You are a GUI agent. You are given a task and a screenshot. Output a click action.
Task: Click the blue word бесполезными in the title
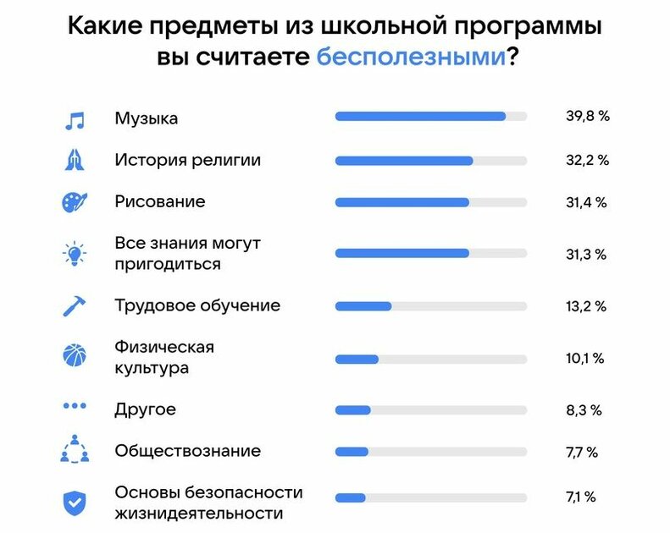[411, 58]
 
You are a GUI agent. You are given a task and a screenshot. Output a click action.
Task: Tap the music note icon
[75, 119]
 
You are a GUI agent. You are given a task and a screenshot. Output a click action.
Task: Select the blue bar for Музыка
[420, 117]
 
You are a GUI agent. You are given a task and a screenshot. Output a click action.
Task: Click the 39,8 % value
[588, 117]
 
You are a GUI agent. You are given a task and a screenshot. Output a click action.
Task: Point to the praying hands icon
[75, 160]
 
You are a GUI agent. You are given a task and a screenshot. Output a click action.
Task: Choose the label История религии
[187, 159]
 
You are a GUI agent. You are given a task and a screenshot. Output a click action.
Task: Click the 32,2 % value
[587, 160]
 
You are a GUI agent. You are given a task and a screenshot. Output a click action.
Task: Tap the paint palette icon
[75, 203]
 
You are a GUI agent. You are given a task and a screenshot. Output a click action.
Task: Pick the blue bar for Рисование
[401, 203]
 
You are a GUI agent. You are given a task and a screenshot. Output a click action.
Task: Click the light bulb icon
[75, 254]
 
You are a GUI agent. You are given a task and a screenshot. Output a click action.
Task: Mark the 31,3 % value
[587, 253]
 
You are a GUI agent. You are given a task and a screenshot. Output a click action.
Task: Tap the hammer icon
[75, 305]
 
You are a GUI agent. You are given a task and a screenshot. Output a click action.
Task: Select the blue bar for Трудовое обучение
[363, 306]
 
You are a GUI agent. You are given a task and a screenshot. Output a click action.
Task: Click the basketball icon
[75, 355]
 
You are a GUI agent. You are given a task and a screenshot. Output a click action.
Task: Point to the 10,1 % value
[585, 359]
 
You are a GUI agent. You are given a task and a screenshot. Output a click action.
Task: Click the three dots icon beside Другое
[75, 406]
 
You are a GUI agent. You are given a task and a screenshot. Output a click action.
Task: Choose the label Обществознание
[187, 451]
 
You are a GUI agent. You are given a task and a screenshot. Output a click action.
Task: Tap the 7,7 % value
[582, 452]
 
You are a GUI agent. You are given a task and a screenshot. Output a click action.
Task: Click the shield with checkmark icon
[75, 502]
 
